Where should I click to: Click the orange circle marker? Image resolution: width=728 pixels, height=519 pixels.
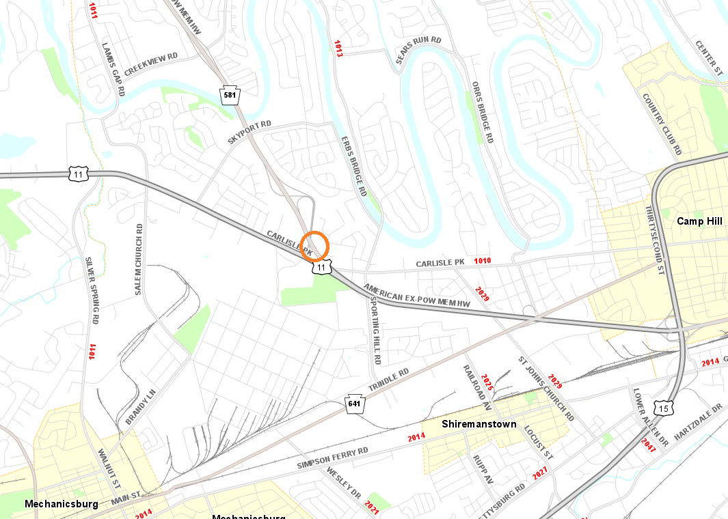pos(315,245)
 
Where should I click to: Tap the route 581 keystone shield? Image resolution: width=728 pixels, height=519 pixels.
pos(230,95)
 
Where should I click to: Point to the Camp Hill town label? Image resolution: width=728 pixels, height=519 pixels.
pos(700,221)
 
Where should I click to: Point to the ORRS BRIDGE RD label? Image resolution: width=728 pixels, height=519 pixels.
pos(483,113)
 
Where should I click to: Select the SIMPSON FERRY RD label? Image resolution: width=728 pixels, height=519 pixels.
pos(332,458)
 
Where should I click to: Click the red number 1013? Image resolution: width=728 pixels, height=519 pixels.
pos(338,48)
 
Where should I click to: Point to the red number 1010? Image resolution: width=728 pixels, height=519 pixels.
pos(482,261)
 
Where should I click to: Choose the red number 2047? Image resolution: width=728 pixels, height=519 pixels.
pos(648,445)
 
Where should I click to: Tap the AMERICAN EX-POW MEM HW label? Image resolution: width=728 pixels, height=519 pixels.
pos(418,294)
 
